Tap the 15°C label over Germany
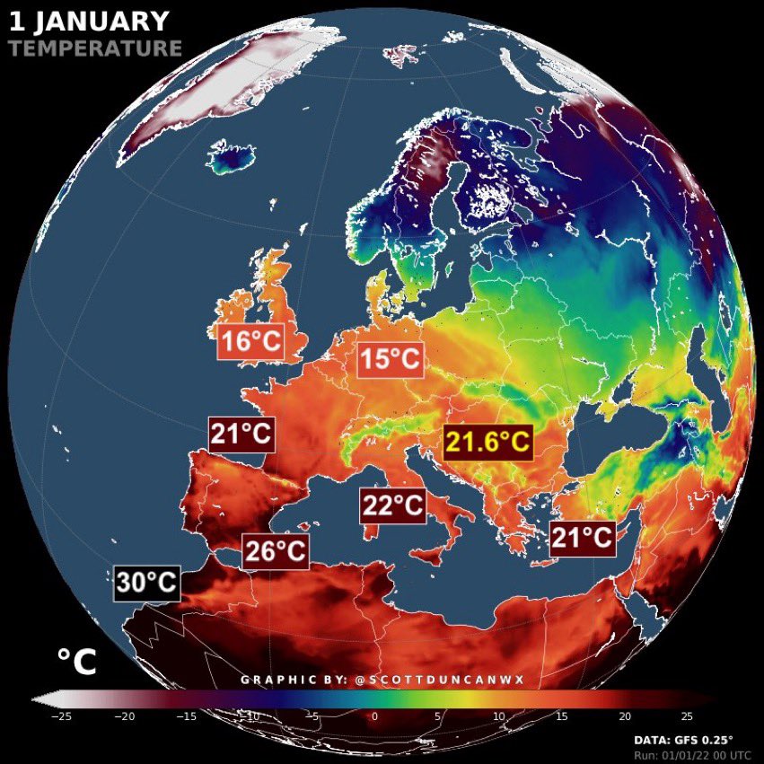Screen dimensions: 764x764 pos(390,360)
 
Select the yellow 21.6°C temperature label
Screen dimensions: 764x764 pos(488,443)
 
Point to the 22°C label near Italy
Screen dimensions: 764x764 pos(392,505)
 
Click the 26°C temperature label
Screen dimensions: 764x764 pos(276,550)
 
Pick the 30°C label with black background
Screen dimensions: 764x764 pos(147,584)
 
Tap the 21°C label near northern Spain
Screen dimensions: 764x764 pos(241,435)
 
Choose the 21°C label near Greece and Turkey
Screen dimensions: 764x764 pos(583,539)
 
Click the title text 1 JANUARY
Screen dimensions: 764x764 pos(88,21)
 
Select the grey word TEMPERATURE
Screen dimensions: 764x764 pos(95,48)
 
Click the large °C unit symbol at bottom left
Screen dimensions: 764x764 pos(75,663)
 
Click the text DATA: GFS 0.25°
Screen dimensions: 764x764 pos(683,739)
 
